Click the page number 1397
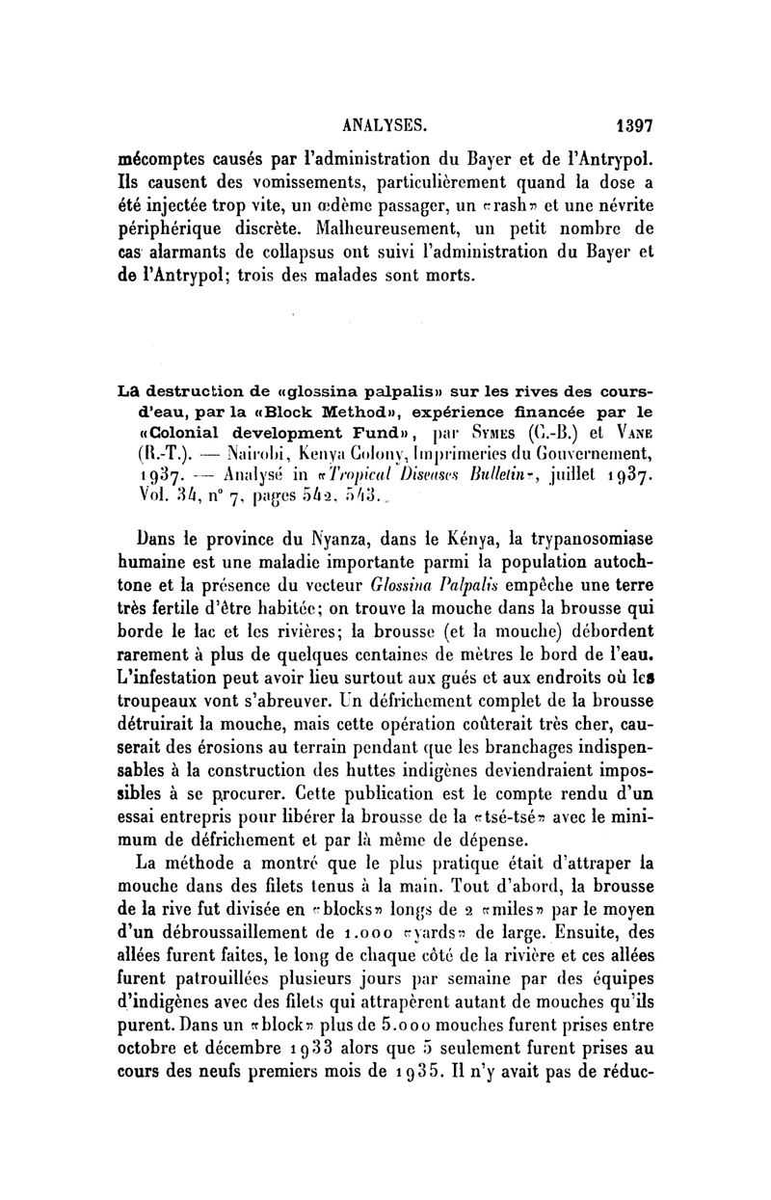click(x=632, y=124)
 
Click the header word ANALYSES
click(x=385, y=124)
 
